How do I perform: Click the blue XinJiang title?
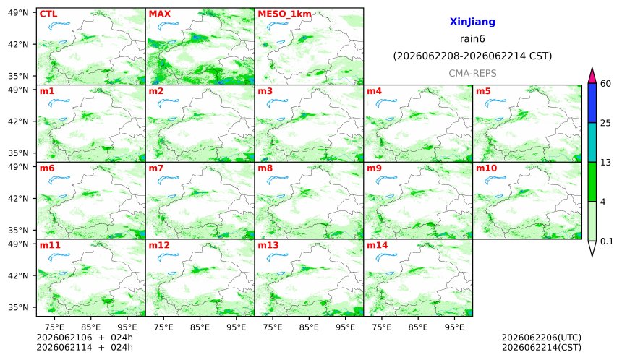[472, 22]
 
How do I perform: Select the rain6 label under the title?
[472, 39]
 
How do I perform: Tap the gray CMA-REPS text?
[472, 73]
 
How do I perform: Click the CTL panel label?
[48, 14]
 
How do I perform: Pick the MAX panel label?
[159, 14]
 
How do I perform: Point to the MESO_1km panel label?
[284, 14]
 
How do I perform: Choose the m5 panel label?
[483, 91]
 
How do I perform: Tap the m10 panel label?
[486, 168]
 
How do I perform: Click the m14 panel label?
[378, 245]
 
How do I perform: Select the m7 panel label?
[156, 168]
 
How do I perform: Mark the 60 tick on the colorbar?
[606, 84]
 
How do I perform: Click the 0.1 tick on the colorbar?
[607, 241]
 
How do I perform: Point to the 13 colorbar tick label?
[605, 163]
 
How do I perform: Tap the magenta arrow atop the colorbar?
[592, 75]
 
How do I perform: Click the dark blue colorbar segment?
[592, 103]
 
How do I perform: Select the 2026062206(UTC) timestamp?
[542, 338]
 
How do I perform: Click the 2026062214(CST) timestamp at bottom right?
[542, 348]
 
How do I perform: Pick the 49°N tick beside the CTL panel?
[18, 13]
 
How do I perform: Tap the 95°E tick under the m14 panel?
[454, 327]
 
